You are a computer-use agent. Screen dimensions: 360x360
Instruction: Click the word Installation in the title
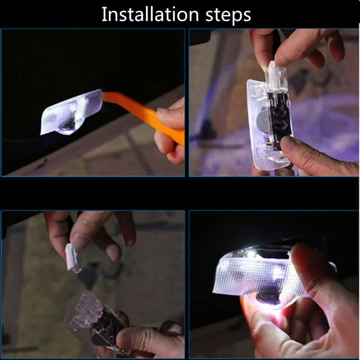(x=150, y=14)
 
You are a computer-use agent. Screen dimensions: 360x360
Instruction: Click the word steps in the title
(x=228, y=15)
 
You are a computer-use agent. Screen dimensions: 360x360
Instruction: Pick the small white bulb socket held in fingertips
(x=73, y=258)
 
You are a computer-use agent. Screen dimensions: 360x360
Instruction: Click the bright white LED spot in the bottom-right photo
(x=252, y=253)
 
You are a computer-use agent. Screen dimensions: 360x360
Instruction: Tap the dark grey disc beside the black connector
(x=262, y=121)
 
